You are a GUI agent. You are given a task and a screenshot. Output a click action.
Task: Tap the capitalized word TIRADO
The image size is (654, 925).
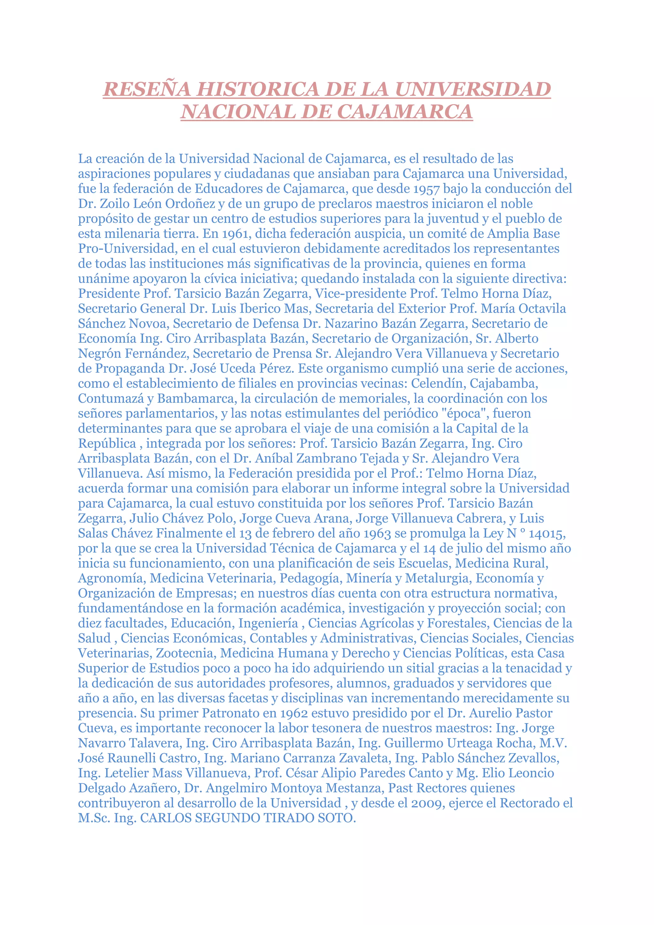(x=288, y=818)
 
